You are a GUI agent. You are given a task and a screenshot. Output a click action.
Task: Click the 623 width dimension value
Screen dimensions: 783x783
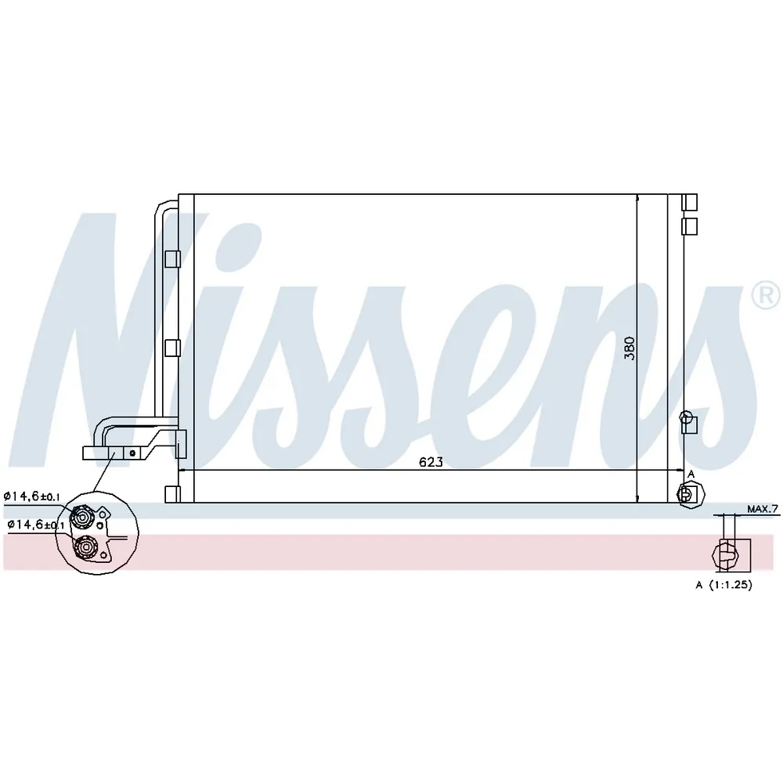coord(431,462)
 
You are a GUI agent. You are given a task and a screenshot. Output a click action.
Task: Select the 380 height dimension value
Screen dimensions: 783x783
coord(630,348)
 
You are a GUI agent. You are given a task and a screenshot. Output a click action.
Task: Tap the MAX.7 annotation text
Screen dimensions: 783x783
coord(763,509)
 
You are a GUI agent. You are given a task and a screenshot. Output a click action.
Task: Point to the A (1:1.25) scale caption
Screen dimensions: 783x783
coord(723,585)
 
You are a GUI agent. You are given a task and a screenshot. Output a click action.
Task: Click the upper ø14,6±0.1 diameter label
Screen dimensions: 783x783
coord(32,496)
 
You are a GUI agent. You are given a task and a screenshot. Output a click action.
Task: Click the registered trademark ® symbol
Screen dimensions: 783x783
coord(766,297)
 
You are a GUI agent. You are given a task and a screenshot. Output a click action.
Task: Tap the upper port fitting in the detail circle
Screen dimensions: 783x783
coord(81,516)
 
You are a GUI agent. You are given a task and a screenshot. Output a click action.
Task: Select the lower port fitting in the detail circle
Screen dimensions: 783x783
coord(85,547)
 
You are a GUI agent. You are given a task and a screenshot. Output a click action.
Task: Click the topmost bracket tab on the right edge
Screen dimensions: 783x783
coord(690,202)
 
